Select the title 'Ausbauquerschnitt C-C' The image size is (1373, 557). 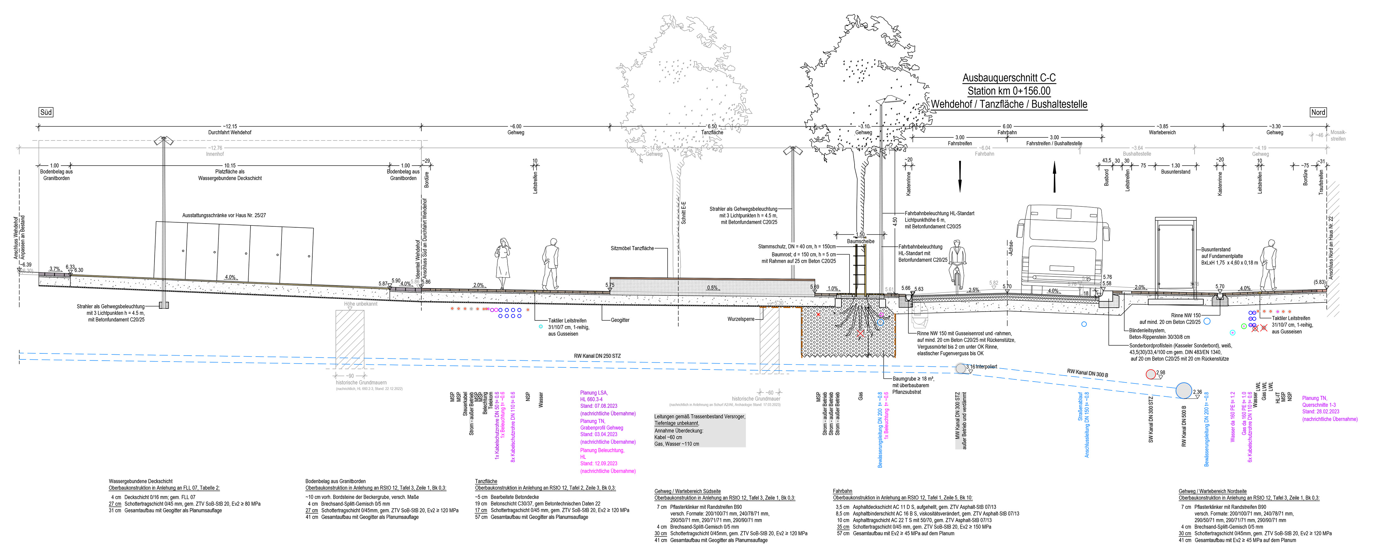click(x=1008, y=78)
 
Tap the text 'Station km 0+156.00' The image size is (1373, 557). click(x=1008, y=91)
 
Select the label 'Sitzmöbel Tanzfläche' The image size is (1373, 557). click(x=632, y=248)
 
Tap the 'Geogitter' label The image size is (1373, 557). click(x=620, y=320)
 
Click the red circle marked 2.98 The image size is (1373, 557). click(x=1151, y=374)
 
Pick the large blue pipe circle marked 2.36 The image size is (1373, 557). click(x=1183, y=390)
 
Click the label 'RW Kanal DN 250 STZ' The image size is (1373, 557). click(x=597, y=356)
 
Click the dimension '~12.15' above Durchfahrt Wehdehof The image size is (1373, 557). click(x=230, y=127)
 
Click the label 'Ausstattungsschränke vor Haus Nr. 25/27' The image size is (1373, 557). click(x=224, y=215)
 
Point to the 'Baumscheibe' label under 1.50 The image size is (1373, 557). click(x=860, y=241)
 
